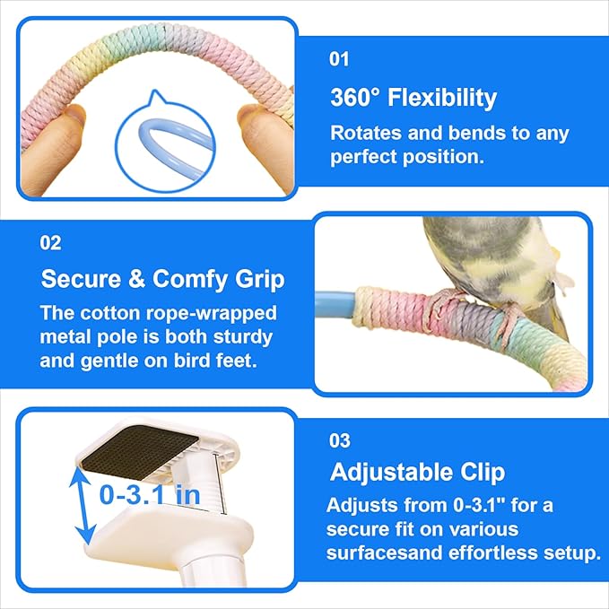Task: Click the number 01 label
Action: (x=339, y=59)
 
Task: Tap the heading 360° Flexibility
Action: (x=413, y=98)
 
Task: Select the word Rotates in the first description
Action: (x=366, y=133)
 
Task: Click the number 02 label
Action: (x=50, y=243)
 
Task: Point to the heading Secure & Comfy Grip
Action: (x=162, y=280)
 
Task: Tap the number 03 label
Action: (x=339, y=440)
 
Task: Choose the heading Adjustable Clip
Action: (x=418, y=473)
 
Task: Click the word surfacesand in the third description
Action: (x=384, y=552)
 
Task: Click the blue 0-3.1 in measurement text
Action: (x=150, y=494)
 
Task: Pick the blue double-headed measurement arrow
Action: (x=83, y=506)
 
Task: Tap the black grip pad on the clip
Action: (x=140, y=450)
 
